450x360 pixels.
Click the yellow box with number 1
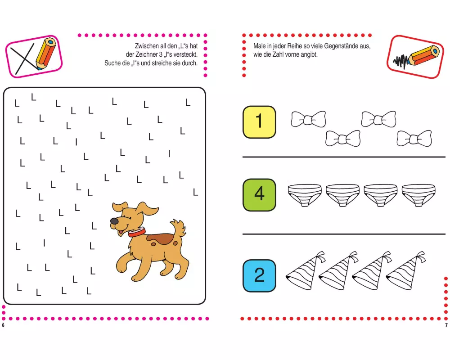(259, 122)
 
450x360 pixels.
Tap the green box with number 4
(259, 195)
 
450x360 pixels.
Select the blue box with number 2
(259, 275)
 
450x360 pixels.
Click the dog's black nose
(114, 221)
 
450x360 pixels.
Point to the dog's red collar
(137, 232)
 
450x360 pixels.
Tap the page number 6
(3, 325)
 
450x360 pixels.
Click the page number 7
(446, 325)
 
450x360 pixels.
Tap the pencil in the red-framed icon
(423, 55)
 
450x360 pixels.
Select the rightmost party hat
(405, 271)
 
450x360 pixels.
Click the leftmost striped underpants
(305, 195)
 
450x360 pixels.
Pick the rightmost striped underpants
(418, 195)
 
